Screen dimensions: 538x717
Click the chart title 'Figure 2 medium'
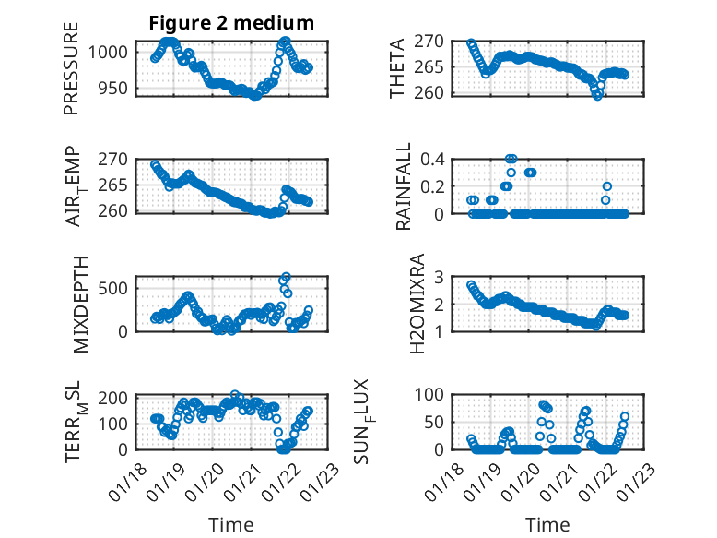231,23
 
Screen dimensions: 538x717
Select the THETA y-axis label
397,67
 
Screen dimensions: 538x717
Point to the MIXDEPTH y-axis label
79,304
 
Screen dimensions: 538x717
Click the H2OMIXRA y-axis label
417,304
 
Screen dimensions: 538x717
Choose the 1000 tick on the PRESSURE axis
112,53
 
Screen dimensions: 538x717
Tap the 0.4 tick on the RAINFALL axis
435,159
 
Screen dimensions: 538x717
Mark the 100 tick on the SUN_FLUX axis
435,395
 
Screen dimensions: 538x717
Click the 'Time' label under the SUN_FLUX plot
547,525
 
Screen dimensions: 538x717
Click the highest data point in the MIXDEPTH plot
286,277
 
